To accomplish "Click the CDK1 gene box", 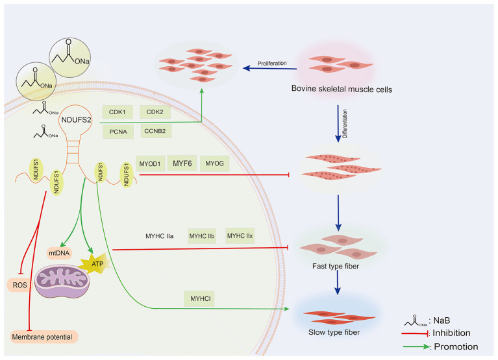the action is coord(118,112).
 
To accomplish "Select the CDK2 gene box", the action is coord(155,112).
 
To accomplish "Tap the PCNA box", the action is coord(118,132).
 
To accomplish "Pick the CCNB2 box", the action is coord(155,131).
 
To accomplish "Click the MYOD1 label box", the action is coord(150,163).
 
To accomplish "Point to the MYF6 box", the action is coord(182,163).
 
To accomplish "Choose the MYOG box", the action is coord(215,163).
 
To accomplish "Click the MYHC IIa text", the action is coord(160,236).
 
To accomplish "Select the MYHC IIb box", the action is coord(202,236).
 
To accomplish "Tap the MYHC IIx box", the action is coord(240,235).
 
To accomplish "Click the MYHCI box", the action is coord(199,298).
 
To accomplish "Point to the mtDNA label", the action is coord(59,253).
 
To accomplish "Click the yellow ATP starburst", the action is coord(95,263).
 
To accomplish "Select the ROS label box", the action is coord(19,285).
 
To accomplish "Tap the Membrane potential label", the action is coord(42,337).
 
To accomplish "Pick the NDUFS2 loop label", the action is coord(76,119).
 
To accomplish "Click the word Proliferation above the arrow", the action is coord(272,64).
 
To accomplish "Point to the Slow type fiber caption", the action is coord(334,332).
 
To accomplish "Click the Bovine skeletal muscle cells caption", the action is coord(342,89).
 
